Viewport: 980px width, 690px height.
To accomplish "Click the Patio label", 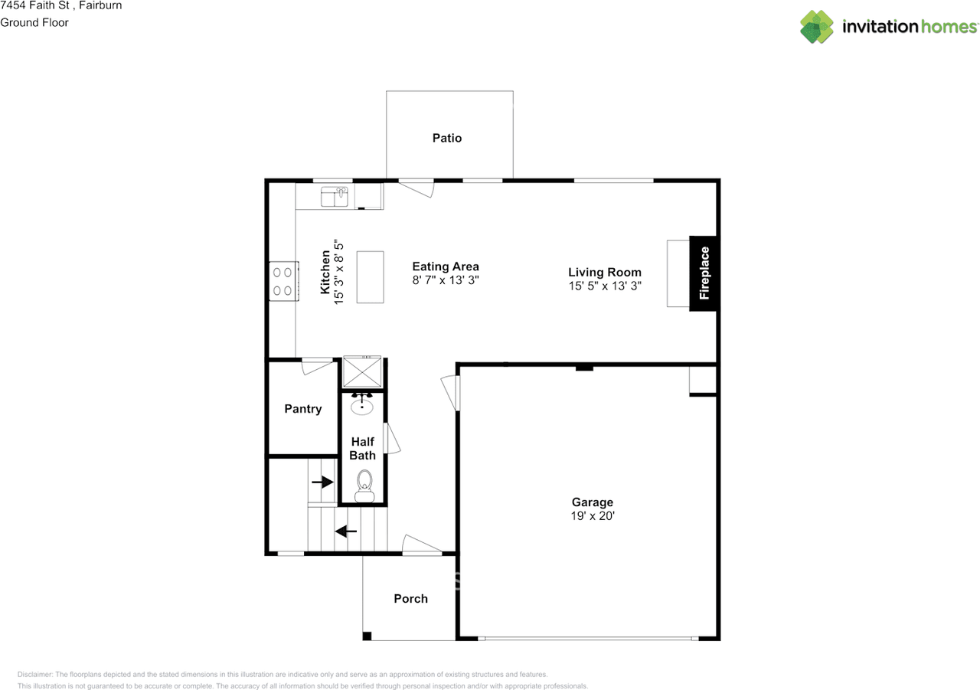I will pyautogui.click(x=447, y=139).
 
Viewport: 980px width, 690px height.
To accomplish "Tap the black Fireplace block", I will pyautogui.click(x=704, y=273).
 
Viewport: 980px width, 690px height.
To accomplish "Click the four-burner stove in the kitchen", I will pyautogui.click(x=282, y=280).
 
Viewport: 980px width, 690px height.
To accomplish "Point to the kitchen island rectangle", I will pyautogui.click(x=371, y=276).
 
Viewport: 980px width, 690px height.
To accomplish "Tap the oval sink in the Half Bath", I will pyautogui.click(x=363, y=405).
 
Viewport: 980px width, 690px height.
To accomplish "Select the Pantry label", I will pyautogui.click(x=303, y=409).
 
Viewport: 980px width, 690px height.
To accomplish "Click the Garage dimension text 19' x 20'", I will pyautogui.click(x=593, y=516).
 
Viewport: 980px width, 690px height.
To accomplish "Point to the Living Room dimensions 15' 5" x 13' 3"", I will pyautogui.click(x=605, y=286).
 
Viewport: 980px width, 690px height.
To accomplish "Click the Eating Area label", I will pyautogui.click(x=446, y=267).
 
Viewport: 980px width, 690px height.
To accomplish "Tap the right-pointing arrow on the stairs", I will pyautogui.click(x=323, y=482).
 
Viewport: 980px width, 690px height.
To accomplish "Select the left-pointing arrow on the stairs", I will pyautogui.click(x=346, y=530).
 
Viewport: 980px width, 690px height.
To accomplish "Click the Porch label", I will pyautogui.click(x=410, y=599).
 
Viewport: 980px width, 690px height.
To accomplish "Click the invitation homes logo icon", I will pyautogui.click(x=817, y=27).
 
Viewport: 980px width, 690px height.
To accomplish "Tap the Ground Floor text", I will pyautogui.click(x=34, y=22).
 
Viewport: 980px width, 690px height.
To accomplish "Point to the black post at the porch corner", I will pyautogui.click(x=367, y=636).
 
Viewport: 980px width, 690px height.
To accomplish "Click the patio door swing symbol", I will pyautogui.click(x=416, y=186).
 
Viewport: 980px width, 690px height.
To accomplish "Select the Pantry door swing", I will pyautogui.click(x=316, y=366).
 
